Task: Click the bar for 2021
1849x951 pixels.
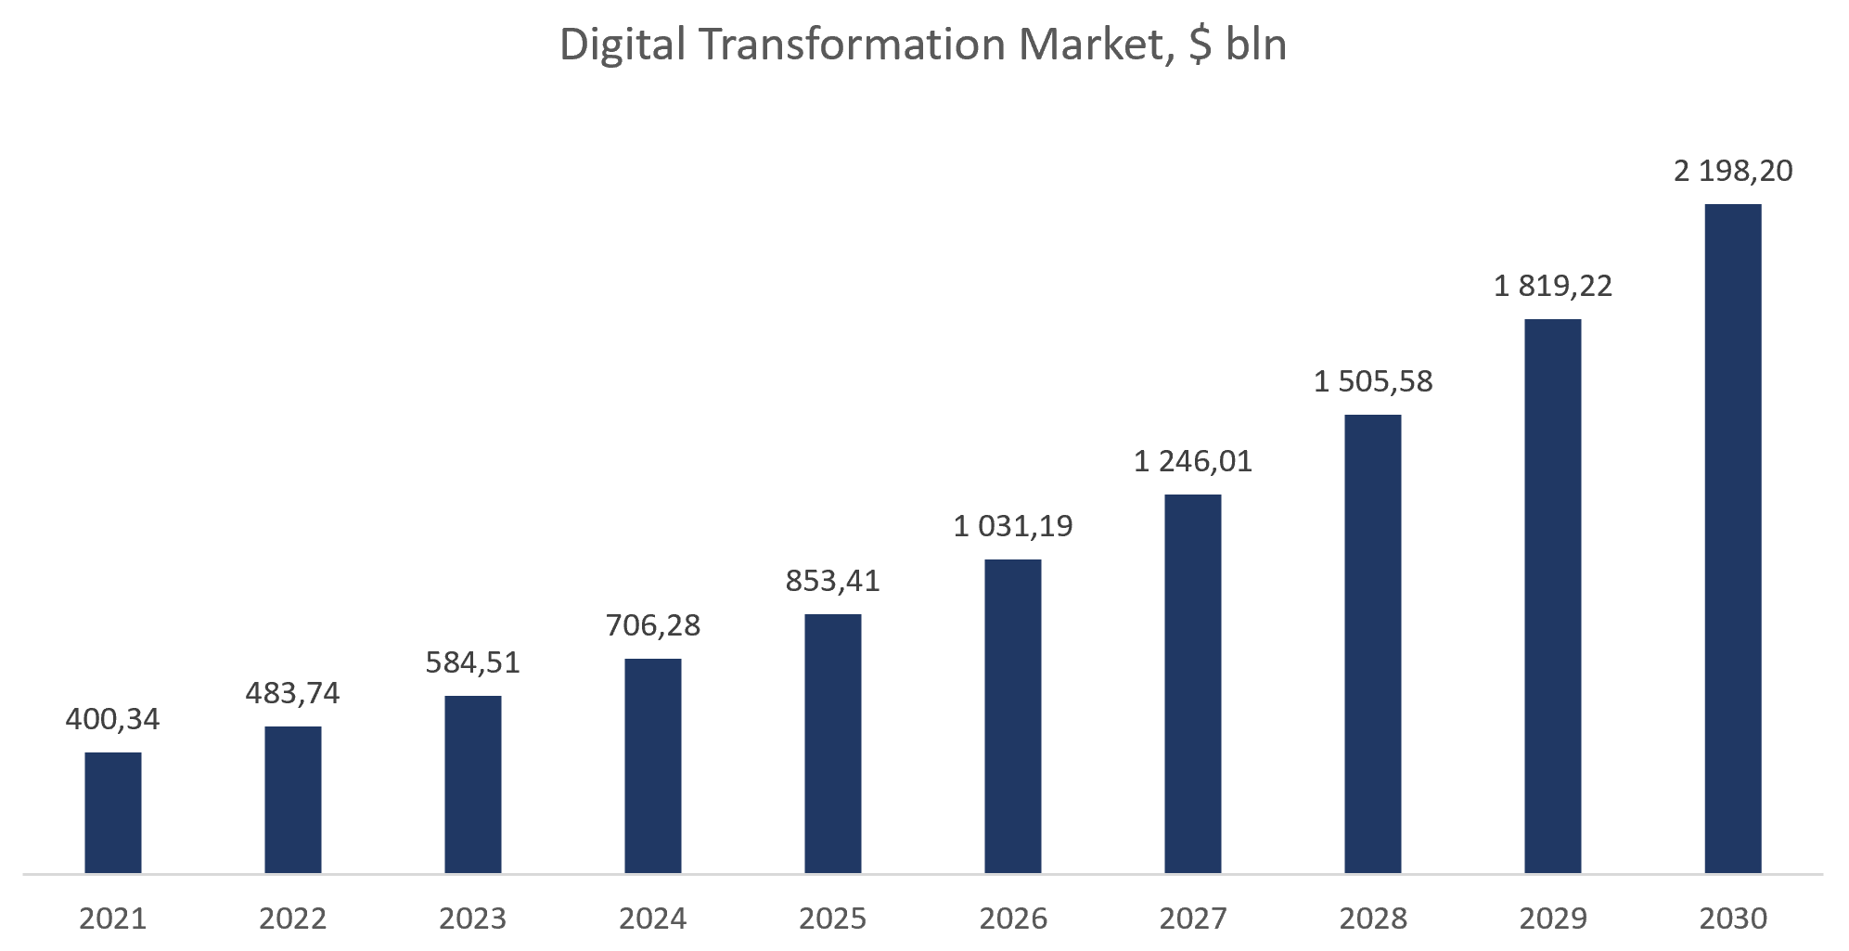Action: point(113,813)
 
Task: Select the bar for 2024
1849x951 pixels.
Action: point(653,765)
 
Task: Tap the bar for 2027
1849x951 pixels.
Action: point(1193,684)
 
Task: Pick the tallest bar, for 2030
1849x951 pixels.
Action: point(1733,538)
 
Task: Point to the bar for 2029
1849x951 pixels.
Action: point(1553,596)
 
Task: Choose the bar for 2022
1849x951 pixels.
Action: point(293,800)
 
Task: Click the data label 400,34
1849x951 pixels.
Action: point(112,719)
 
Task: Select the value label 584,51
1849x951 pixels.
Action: point(473,662)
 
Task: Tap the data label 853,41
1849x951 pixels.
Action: point(833,581)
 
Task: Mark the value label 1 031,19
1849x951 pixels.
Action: point(1013,526)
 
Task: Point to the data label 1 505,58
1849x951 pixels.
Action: point(1373,381)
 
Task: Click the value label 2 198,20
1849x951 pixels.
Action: point(1733,171)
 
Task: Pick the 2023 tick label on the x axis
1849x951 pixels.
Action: point(473,919)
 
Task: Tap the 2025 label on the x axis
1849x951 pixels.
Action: point(833,919)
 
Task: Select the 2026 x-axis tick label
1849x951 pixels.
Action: point(1013,919)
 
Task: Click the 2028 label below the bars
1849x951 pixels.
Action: point(1373,919)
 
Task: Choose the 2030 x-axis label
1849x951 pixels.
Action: point(1733,919)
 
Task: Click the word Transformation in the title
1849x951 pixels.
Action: point(853,44)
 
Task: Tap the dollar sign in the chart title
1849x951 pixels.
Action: point(1200,45)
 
